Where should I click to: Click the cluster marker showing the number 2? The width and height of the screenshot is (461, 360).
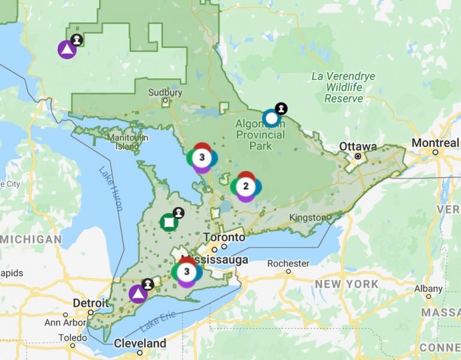tap(246, 187)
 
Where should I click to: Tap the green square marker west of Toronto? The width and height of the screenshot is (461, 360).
tap(169, 223)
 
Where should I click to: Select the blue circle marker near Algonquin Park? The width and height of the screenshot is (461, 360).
tap(271, 118)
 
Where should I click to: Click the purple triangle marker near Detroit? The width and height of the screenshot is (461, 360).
tap(138, 294)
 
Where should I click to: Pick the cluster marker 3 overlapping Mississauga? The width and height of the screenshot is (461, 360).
tap(187, 272)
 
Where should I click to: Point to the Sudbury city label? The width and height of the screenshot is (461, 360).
tap(165, 93)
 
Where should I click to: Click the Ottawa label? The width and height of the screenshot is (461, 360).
tap(358, 146)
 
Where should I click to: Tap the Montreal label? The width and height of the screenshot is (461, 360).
tap(435, 143)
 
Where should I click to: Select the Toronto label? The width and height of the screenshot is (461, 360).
tap(224, 238)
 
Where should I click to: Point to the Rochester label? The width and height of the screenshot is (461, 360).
tap(288, 263)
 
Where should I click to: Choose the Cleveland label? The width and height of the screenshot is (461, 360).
tap(139, 343)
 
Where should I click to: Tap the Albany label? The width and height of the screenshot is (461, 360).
tap(428, 288)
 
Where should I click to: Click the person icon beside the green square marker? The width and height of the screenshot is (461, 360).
tap(178, 212)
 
